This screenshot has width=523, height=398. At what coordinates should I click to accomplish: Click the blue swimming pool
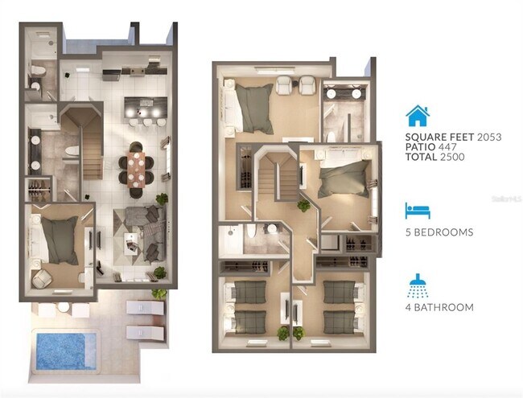61,351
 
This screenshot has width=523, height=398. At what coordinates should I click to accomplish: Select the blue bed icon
418,211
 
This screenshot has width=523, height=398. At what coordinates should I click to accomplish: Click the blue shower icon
418,284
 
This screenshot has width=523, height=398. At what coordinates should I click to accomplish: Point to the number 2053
488,137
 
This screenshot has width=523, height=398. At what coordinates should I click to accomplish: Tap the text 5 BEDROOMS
439,232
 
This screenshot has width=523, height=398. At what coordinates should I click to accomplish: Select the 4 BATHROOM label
439,307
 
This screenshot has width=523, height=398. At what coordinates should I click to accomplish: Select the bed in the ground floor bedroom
59,239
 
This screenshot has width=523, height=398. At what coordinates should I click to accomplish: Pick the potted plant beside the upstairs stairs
303,206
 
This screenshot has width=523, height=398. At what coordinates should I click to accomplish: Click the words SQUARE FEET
438,137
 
